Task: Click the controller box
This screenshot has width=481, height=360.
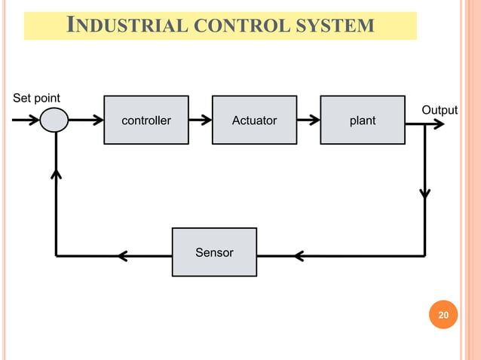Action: (x=146, y=120)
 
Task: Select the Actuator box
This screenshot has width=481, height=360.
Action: (x=254, y=120)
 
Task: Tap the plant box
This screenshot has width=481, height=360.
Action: (x=363, y=120)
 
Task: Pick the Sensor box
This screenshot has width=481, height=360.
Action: (x=214, y=252)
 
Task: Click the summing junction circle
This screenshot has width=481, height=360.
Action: (x=54, y=120)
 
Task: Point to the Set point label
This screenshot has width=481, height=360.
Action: (x=37, y=98)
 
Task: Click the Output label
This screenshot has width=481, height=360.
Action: (x=440, y=110)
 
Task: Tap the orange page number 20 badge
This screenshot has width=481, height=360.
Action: (x=443, y=315)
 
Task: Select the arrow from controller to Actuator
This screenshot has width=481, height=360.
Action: (x=201, y=120)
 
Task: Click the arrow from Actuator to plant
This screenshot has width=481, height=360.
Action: (x=308, y=120)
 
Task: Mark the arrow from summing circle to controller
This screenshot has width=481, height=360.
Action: (x=87, y=120)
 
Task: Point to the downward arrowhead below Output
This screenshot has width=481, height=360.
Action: (x=425, y=193)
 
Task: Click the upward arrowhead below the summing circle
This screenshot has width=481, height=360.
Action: (x=55, y=174)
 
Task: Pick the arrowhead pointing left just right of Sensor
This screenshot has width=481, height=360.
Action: (x=299, y=256)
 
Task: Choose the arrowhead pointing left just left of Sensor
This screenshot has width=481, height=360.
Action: (x=123, y=256)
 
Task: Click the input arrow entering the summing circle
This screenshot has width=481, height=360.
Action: (x=26, y=120)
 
